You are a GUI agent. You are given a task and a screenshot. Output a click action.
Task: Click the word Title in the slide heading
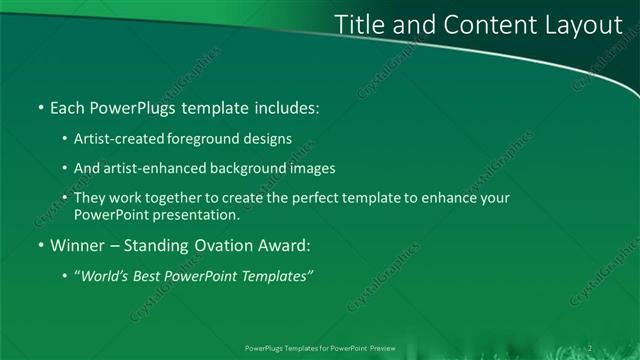pos(357,24)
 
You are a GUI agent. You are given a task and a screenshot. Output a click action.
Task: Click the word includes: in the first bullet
pos(287,105)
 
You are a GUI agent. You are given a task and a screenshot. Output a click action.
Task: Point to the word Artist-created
pos(113,140)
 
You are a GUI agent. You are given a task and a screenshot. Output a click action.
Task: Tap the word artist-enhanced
pos(146,169)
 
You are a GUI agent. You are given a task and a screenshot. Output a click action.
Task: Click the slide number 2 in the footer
pos(590,349)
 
